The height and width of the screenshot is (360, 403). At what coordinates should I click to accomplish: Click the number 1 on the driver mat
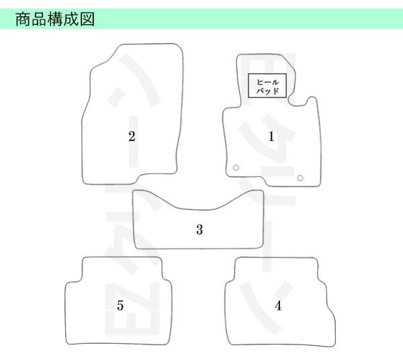click(x=271, y=136)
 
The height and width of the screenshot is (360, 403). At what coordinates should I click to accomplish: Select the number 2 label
click(x=132, y=136)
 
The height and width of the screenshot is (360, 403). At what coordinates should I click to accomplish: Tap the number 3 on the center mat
click(x=199, y=230)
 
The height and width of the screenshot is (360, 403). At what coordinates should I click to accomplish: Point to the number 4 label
click(x=278, y=306)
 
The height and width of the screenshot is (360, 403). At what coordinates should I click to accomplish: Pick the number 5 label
click(x=120, y=306)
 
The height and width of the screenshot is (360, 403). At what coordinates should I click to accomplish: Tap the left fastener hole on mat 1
click(x=236, y=167)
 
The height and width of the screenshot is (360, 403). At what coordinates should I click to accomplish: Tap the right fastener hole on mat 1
click(x=300, y=177)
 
